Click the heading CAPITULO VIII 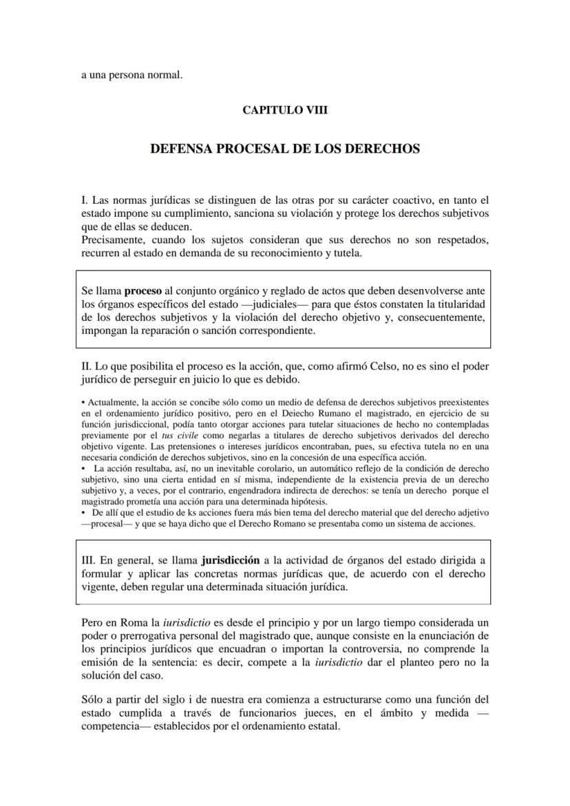(x=285, y=109)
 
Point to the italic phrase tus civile (x=177, y=436)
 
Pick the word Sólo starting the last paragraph (x=94, y=699)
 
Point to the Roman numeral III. (x=90, y=560)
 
